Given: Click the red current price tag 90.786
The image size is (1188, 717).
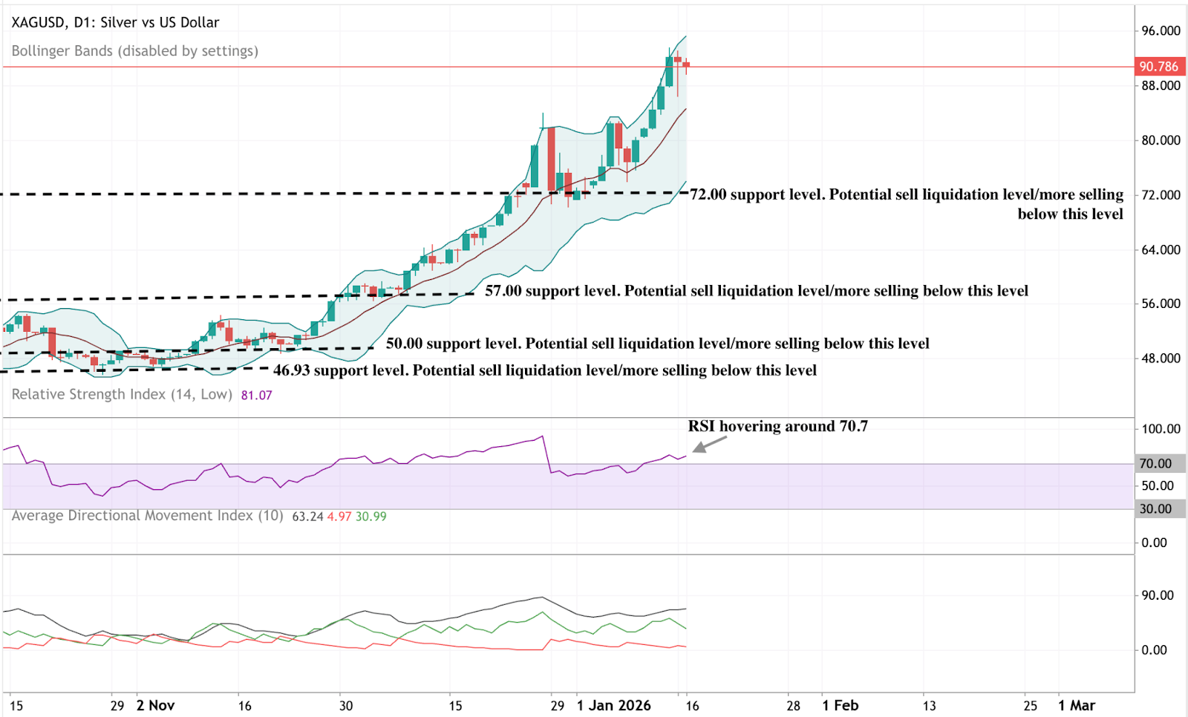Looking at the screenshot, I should click(x=1158, y=67).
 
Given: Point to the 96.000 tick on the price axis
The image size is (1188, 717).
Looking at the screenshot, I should click(x=1161, y=30).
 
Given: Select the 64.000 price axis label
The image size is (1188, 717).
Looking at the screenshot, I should click(x=1161, y=249).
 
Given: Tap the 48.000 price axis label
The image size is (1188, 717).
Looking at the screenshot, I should click(x=1161, y=358).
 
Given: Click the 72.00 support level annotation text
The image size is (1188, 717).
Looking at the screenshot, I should click(x=907, y=195).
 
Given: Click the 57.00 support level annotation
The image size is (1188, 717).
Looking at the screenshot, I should click(x=756, y=291).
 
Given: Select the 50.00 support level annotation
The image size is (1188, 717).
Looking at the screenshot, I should click(x=657, y=344).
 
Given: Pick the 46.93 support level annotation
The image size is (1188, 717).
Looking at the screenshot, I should click(x=544, y=370).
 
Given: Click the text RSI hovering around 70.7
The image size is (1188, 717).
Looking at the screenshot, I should click(x=777, y=426).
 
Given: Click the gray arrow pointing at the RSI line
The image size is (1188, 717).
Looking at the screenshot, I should click(x=709, y=444).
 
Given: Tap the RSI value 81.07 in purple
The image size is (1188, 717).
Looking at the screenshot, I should click(x=256, y=395).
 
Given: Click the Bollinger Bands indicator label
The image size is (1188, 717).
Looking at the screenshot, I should click(x=134, y=51).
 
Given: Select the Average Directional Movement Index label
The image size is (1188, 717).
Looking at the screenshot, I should click(x=147, y=516).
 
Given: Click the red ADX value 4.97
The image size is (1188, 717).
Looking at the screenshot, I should click(x=339, y=517).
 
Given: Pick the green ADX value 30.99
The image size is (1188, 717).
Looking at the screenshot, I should click(x=371, y=517).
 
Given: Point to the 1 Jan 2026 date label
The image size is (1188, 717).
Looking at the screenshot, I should click(x=613, y=705).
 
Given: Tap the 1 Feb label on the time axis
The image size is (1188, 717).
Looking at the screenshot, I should click(x=840, y=705).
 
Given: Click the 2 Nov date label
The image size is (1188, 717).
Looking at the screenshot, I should click(x=155, y=705).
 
